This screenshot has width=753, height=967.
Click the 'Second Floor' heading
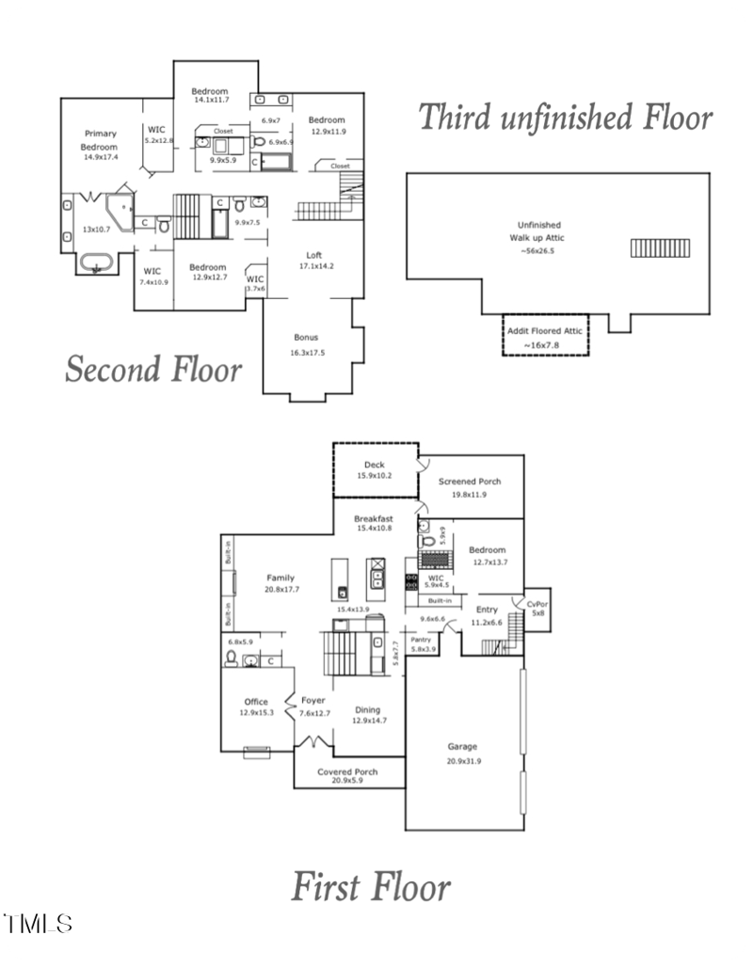(x=152, y=369)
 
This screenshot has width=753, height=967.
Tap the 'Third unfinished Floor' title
(x=565, y=118)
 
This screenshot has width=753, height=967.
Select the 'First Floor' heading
(x=370, y=886)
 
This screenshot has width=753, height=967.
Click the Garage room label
(x=463, y=747)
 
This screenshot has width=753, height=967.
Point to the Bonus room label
(x=306, y=337)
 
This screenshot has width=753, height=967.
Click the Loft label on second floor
(x=315, y=255)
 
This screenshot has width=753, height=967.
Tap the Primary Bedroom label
(x=99, y=140)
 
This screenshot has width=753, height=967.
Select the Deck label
(x=375, y=465)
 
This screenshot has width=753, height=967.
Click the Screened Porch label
(x=470, y=482)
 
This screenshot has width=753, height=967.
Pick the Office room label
(x=256, y=702)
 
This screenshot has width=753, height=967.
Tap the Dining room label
(x=369, y=710)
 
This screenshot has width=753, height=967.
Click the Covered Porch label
(x=347, y=771)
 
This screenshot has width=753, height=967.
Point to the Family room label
(x=280, y=578)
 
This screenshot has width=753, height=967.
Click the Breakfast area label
(x=373, y=518)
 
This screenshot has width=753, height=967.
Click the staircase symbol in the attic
(x=660, y=248)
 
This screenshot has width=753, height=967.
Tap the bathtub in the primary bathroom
(x=95, y=263)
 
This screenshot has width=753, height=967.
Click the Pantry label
(x=421, y=640)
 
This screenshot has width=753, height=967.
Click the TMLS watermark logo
(x=38, y=923)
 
